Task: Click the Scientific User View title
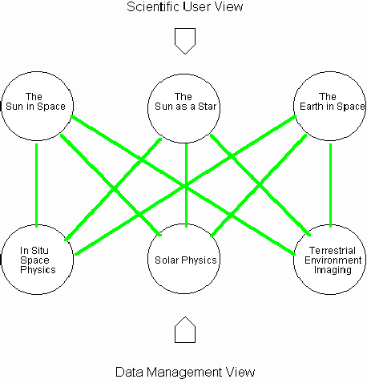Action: tap(185, 6)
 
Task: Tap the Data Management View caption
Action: tap(185, 372)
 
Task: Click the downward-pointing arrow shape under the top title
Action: tap(185, 41)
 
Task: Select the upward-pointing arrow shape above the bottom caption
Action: tap(185, 330)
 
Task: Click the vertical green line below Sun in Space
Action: tap(37, 185)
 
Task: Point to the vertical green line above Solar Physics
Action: tap(186, 185)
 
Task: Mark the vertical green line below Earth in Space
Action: tap(331, 185)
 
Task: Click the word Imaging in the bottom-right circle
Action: tap(333, 270)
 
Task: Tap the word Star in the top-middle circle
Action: tap(207, 107)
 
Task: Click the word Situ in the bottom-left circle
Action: tap(39, 251)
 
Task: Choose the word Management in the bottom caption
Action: tap(184, 372)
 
